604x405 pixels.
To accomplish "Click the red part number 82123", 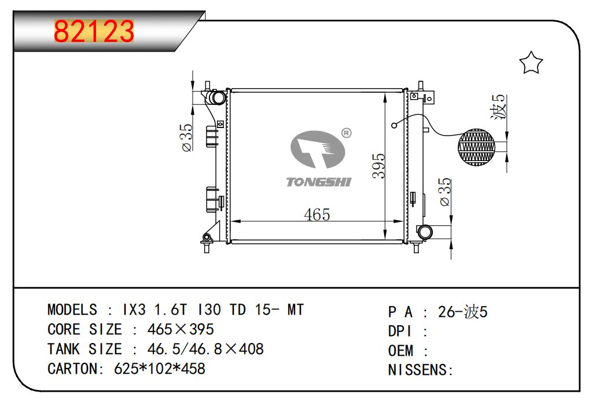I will (x=94, y=32).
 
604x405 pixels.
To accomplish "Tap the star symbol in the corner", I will (x=531, y=63).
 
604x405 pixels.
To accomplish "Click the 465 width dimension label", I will (x=317, y=214).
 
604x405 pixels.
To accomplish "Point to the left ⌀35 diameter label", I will (x=186, y=138).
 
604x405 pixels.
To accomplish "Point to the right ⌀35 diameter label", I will (x=445, y=192).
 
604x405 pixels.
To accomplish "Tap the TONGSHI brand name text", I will (x=319, y=182).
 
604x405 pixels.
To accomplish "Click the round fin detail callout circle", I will (x=477, y=145).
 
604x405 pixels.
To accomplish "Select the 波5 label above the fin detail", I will (x=498, y=107).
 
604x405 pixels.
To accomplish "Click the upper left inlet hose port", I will (x=216, y=97).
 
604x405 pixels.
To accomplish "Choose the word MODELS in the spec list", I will (x=72, y=309).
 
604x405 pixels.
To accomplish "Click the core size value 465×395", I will (x=181, y=329).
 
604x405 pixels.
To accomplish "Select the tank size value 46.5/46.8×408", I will (x=205, y=349).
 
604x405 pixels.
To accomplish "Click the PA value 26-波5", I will (x=463, y=312).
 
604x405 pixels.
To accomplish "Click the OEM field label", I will (x=401, y=351).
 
